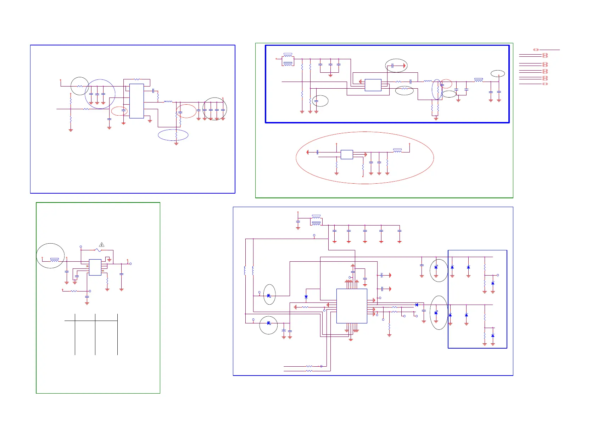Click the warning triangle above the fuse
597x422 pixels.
click(102, 244)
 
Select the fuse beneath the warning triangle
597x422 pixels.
click(99, 250)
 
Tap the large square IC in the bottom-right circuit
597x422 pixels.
click(351, 306)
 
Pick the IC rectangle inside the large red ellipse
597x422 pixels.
click(347, 154)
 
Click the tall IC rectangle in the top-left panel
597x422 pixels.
click(136, 101)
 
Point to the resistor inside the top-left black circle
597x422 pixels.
click(80, 86)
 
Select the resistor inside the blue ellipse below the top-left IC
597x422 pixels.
click(176, 135)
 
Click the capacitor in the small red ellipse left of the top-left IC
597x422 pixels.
click(123, 111)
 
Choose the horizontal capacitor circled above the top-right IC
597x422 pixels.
click(393, 66)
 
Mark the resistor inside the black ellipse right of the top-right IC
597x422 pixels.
click(404, 89)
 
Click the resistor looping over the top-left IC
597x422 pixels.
click(137, 79)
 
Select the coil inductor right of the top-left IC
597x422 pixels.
click(168, 102)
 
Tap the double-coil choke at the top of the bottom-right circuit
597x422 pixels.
click(316, 220)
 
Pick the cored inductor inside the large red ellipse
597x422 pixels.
click(397, 151)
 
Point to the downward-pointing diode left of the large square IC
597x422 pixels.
click(306, 297)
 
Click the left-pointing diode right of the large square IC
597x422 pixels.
click(416, 305)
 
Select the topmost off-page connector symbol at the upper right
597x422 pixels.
click(536, 50)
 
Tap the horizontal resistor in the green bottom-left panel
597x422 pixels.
click(74, 291)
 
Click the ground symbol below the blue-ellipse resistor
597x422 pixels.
click(176, 144)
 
